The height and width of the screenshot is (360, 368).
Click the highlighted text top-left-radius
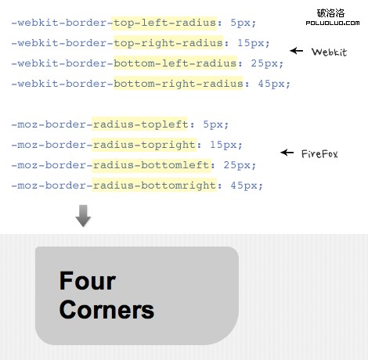pyautogui.click(x=164, y=23)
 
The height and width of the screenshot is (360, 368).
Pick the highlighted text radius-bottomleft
pyautogui.click(x=151, y=165)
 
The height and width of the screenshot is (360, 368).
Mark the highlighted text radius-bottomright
pyautogui.click(x=155, y=185)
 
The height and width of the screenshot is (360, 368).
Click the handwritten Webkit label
pyautogui.click(x=329, y=52)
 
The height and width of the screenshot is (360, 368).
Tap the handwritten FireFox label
pyautogui.click(x=319, y=154)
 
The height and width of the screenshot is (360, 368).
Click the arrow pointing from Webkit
pyautogui.click(x=296, y=51)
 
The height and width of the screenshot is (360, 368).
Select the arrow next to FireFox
pyautogui.click(x=287, y=153)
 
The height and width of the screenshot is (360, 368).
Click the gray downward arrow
pyautogui.click(x=83, y=216)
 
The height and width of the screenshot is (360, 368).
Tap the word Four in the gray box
pyautogui.click(x=87, y=281)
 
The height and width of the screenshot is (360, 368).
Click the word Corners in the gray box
pyautogui.click(x=106, y=309)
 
